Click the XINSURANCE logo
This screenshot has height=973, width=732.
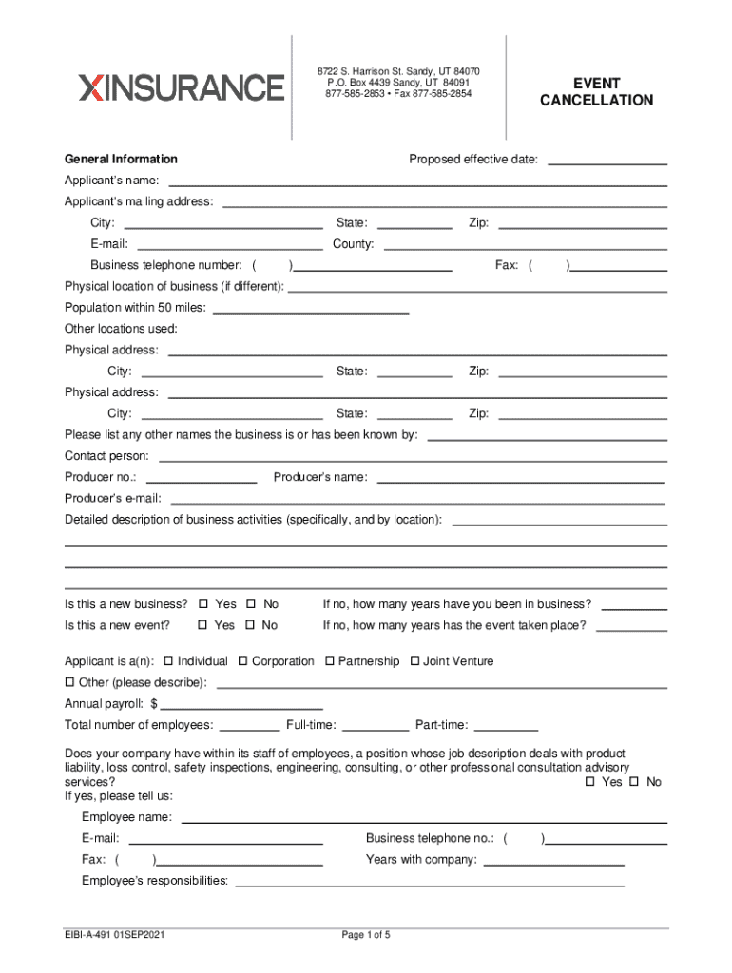[182, 87]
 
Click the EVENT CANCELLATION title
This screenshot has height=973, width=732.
[596, 92]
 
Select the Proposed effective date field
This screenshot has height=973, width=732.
[607, 159]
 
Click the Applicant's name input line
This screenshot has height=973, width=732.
[417, 180]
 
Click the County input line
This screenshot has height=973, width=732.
[525, 244]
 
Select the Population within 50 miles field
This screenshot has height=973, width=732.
[314, 307]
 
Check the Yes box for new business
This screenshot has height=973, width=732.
[204, 604]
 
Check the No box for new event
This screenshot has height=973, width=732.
[252, 625]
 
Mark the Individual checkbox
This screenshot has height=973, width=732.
[169, 661]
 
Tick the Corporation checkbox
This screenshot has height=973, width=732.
[243, 661]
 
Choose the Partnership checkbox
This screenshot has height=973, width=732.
[330, 661]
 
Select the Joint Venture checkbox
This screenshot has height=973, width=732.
[415, 661]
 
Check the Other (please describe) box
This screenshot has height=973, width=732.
[69, 683]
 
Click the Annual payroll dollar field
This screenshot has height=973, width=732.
[241, 704]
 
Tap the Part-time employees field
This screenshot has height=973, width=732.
[506, 725]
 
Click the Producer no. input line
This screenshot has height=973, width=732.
[201, 477]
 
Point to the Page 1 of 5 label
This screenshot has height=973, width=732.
[366, 935]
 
